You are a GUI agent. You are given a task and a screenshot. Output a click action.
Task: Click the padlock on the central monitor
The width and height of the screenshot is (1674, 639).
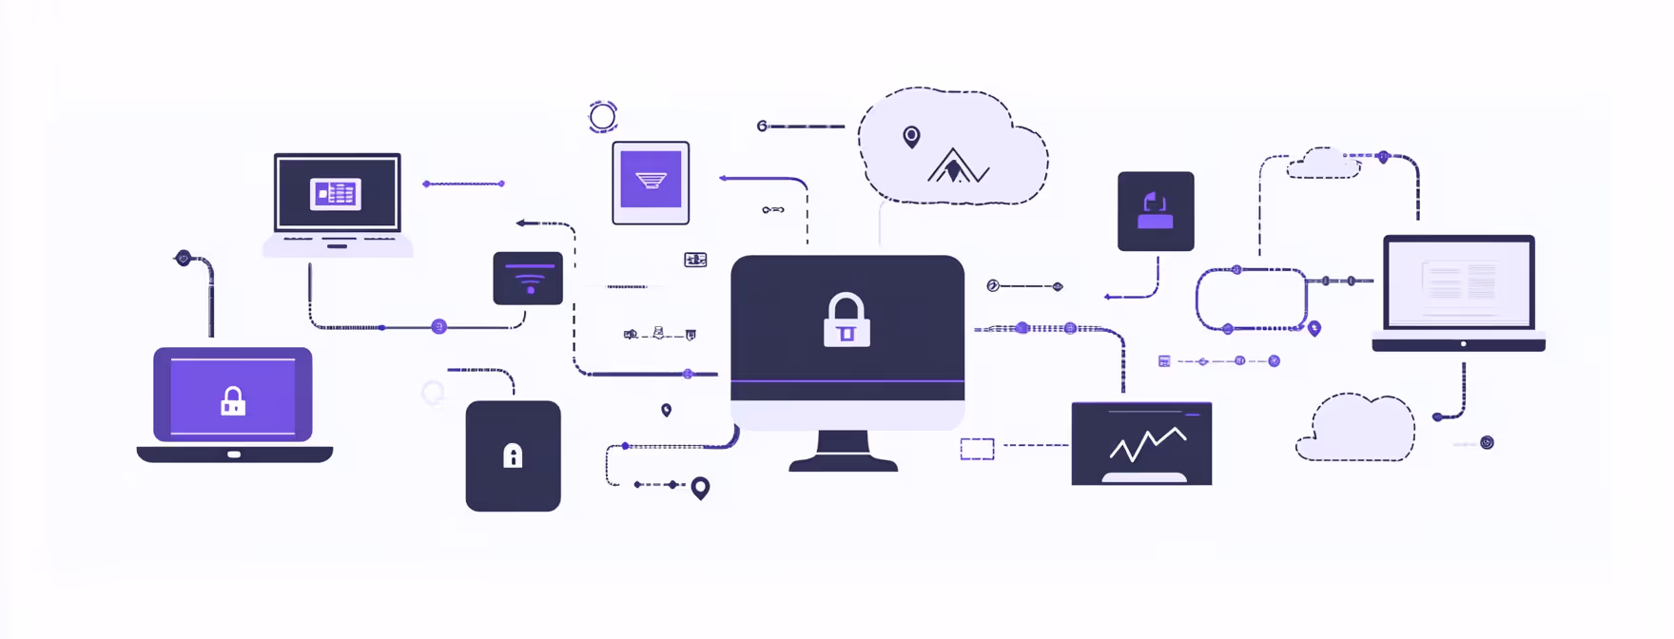pyautogui.click(x=846, y=320)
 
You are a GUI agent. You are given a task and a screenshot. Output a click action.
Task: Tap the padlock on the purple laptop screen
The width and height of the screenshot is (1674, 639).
pyautogui.click(x=233, y=401)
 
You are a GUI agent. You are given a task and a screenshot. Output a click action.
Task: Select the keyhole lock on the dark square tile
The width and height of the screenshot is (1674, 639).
pyautogui.click(x=513, y=456)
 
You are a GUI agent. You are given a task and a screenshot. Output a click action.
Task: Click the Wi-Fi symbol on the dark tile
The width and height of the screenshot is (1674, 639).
pyautogui.click(x=529, y=280)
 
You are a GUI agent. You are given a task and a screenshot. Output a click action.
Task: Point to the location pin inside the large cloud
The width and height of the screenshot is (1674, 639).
pyautogui.click(x=911, y=137)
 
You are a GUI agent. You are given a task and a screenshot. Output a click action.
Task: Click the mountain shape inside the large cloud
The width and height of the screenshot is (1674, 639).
pyautogui.click(x=956, y=167)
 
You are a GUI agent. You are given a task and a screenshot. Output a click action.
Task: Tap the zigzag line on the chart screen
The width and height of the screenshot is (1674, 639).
pyautogui.click(x=1147, y=443)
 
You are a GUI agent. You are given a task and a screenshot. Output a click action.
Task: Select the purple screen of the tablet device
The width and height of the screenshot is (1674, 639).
pyautogui.click(x=651, y=179)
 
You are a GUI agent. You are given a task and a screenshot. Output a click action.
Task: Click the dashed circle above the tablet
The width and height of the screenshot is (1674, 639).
pyautogui.click(x=603, y=117)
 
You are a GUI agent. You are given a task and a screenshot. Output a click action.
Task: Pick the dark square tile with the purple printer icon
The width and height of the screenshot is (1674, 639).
pyautogui.click(x=1156, y=211)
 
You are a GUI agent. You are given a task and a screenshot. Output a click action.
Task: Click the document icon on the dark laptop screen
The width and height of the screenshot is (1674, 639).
pyautogui.click(x=336, y=194)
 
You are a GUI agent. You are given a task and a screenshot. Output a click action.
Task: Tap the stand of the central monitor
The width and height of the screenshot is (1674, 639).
pyautogui.click(x=844, y=451)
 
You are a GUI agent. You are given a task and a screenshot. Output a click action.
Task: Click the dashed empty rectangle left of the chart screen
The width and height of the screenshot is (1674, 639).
pyautogui.click(x=977, y=449)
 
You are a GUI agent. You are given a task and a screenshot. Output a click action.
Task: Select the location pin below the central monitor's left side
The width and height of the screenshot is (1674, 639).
pyautogui.click(x=700, y=488)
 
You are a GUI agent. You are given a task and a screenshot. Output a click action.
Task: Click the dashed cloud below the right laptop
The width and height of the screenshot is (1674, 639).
pyautogui.click(x=1357, y=431)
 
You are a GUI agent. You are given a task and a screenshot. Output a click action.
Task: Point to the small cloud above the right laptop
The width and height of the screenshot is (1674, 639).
pyautogui.click(x=1323, y=164)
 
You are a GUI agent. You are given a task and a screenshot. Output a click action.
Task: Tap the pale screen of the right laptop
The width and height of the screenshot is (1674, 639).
pyautogui.click(x=1459, y=282)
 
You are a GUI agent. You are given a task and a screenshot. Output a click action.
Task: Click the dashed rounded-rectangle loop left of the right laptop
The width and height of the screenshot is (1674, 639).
pyautogui.click(x=1251, y=300)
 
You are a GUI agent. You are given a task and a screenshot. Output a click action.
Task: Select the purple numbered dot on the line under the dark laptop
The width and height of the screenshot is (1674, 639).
pyautogui.click(x=438, y=327)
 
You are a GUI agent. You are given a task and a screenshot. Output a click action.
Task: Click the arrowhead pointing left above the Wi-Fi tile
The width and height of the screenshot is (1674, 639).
pyautogui.click(x=521, y=223)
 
